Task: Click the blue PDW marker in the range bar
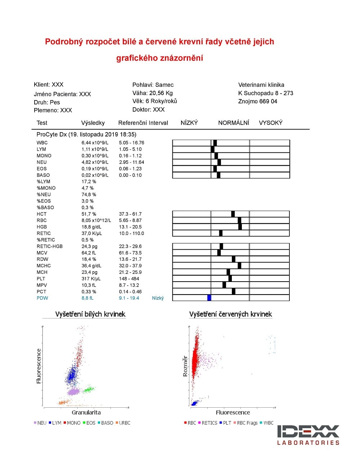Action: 210,298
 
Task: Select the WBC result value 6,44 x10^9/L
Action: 95,143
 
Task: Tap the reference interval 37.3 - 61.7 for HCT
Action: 130,214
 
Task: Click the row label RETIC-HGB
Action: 50,246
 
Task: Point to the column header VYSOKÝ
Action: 271,123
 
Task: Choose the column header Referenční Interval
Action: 143,123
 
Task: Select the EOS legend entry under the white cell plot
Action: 89,423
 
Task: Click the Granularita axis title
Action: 86,412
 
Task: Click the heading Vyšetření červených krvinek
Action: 230,314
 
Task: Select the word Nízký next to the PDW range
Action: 158,298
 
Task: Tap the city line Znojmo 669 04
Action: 257,101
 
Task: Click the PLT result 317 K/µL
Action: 91,279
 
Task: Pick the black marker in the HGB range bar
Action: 240,227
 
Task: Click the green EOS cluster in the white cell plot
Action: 89,389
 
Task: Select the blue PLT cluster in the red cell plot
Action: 194,403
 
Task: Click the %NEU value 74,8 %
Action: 89,194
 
